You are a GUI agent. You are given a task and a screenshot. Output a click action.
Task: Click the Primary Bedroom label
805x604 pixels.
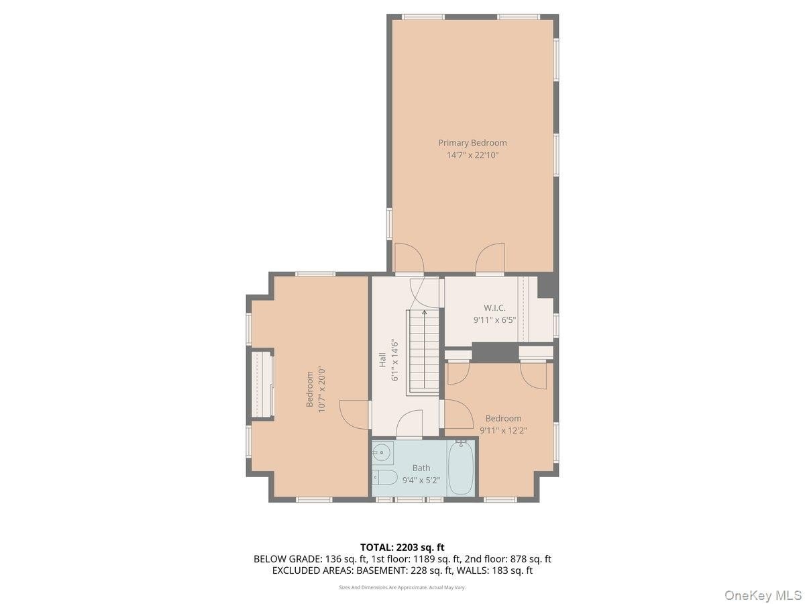coord(472,143)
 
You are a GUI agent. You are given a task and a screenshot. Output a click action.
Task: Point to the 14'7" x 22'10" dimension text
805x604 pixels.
coord(472,155)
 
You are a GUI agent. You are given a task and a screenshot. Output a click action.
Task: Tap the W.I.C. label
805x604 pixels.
coord(494,307)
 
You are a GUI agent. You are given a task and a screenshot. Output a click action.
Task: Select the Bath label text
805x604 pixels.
coord(421,468)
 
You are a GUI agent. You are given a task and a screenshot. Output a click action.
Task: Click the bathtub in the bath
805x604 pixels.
coord(460,468)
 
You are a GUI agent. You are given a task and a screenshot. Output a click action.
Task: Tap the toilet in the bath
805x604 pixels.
coord(384,477)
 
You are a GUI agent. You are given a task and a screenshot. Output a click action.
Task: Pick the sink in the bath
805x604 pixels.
coord(382,452)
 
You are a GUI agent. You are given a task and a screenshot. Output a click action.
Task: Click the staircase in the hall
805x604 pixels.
coord(422,352)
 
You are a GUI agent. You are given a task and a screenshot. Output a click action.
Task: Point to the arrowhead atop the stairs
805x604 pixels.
coord(424,313)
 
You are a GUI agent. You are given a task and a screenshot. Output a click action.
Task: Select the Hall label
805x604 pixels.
coord(382,360)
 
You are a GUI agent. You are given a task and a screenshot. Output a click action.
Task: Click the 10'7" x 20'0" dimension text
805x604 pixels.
coord(321,389)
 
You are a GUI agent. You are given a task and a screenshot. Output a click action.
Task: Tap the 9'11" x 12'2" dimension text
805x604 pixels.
coord(503,430)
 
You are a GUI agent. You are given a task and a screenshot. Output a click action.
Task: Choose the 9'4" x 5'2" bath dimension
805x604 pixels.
coord(421,480)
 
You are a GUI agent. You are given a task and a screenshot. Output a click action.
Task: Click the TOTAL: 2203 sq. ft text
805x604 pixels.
coord(402,547)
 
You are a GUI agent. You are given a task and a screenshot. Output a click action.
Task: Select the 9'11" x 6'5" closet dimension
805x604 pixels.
coord(494,320)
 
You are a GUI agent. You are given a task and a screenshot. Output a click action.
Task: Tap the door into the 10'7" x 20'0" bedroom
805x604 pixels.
coord(353,413)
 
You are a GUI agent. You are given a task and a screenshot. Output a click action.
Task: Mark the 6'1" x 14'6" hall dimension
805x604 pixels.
coord(394,361)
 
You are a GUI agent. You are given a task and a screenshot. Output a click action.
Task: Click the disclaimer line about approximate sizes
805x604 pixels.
coord(402,587)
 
